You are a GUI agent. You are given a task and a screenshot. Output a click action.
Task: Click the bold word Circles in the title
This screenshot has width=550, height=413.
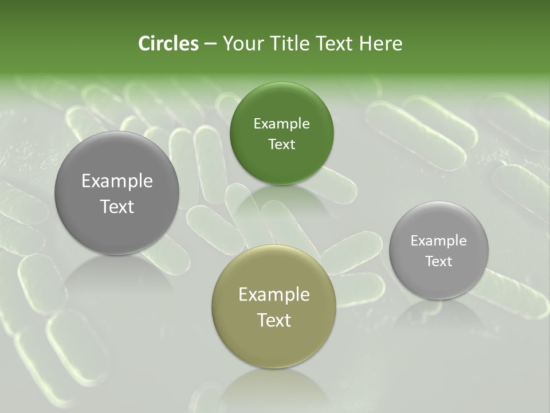(x=168, y=44)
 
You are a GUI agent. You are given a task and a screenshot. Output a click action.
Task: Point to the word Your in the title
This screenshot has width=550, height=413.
(x=241, y=44)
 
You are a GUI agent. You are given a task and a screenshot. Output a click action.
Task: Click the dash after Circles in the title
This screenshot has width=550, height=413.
(x=210, y=44)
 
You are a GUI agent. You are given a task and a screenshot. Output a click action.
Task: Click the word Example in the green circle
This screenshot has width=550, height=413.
(x=281, y=124)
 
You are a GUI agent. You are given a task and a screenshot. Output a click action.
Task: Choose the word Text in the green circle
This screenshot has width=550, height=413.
(x=281, y=144)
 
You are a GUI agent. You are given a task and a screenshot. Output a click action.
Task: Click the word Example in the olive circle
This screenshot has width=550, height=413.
(x=274, y=295)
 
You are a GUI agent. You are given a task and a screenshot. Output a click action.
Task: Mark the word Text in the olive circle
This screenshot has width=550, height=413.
(x=274, y=320)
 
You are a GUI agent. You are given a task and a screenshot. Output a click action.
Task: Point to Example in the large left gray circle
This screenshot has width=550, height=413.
(x=117, y=181)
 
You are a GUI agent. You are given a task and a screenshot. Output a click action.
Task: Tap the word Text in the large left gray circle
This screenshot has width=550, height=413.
(x=117, y=206)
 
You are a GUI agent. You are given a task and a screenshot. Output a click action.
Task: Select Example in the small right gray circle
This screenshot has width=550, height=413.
(x=439, y=241)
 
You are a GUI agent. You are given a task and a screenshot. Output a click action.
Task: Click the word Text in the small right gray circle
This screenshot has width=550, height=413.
(x=439, y=261)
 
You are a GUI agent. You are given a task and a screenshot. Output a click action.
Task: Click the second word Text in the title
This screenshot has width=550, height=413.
(x=333, y=44)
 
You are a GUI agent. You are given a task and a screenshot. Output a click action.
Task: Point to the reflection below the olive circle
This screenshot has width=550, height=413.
(x=273, y=390)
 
